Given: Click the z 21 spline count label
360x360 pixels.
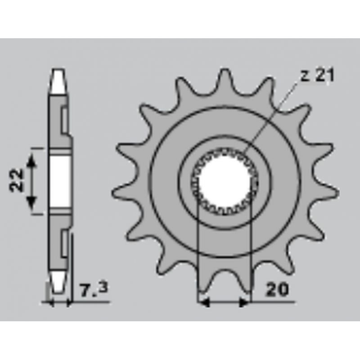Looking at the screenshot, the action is point(317,75).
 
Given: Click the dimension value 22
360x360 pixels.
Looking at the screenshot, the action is point(17,180).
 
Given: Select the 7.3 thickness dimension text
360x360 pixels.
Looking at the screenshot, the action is point(94,290).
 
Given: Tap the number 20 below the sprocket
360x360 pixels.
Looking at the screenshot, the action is point(277,290).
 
